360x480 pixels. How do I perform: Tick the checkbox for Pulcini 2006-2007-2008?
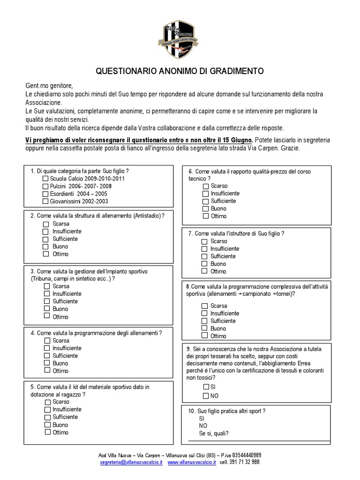[45, 186]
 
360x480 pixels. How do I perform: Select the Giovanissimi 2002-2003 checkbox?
[45, 201]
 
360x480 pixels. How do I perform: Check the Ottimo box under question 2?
[45, 254]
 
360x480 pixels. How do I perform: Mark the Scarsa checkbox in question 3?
[46, 286]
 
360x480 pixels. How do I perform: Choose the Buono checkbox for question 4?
[46, 363]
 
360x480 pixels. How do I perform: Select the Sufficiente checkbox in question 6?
[205, 201]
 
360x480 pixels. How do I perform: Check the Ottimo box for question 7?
[204, 271]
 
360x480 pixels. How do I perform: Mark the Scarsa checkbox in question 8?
[204, 306]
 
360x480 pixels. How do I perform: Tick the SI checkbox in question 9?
[206, 387]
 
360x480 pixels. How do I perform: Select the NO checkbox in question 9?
[206, 396]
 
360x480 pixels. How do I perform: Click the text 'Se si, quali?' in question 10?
[214, 434]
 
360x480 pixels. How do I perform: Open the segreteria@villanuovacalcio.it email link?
[131, 462]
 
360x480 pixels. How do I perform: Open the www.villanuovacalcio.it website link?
[191, 462]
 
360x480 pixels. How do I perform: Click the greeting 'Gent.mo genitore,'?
[50, 86]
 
